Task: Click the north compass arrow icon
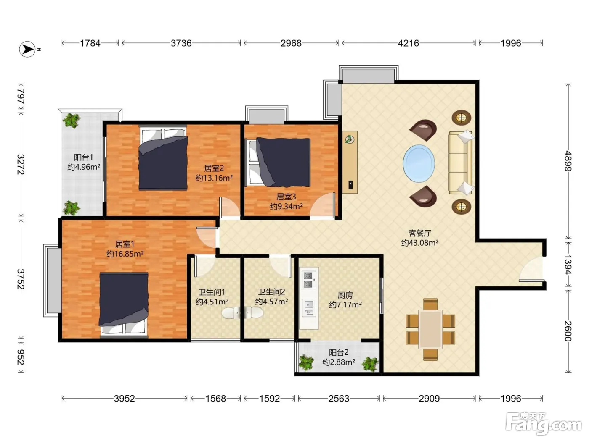[x=27, y=49]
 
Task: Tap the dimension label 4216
[x=408, y=43]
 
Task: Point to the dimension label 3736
[x=181, y=43]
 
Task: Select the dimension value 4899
[x=568, y=161]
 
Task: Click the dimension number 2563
[x=339, y=399]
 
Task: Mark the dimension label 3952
[x=124, y=399]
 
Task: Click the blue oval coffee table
[x=419, y=164]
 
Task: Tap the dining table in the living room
[x=430, y=330]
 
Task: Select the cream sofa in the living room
[x=460, y=163]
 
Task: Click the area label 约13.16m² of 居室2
[x=214, y=178]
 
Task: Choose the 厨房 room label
[x=345, y=295]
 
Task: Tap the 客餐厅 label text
[x=420, y=233]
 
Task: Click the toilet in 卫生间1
[x=231, y=313]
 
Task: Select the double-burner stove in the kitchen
[x=308, y=280]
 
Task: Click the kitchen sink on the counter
[x=309, y=308]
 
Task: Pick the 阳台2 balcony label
[x=339, y=352]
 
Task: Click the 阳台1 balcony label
[x=84, y=157]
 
